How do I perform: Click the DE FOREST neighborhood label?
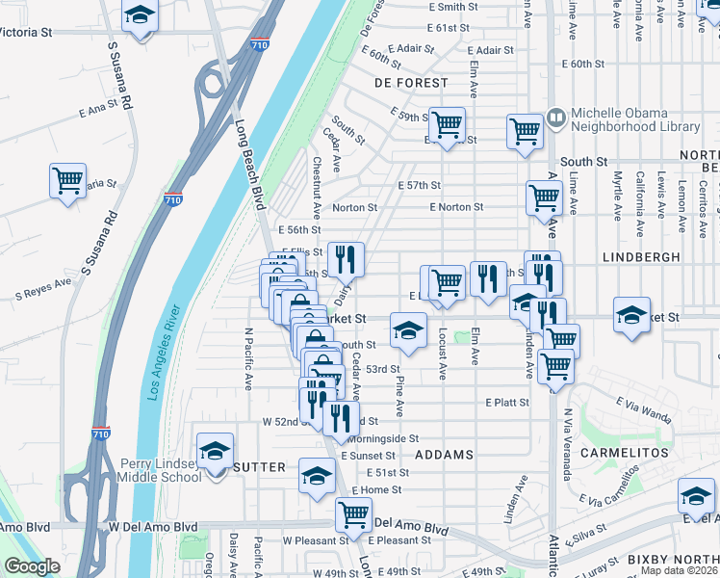[x=412, y=83]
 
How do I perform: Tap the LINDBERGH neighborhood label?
[x=642, y=257]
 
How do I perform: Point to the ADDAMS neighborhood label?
[x=444, y=453]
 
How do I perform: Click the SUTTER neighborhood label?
[x=259, y=467]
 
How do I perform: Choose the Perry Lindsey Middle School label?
[x=160, y=470]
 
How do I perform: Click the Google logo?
[x=32, y=566]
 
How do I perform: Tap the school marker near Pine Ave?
[x=408, y=330]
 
